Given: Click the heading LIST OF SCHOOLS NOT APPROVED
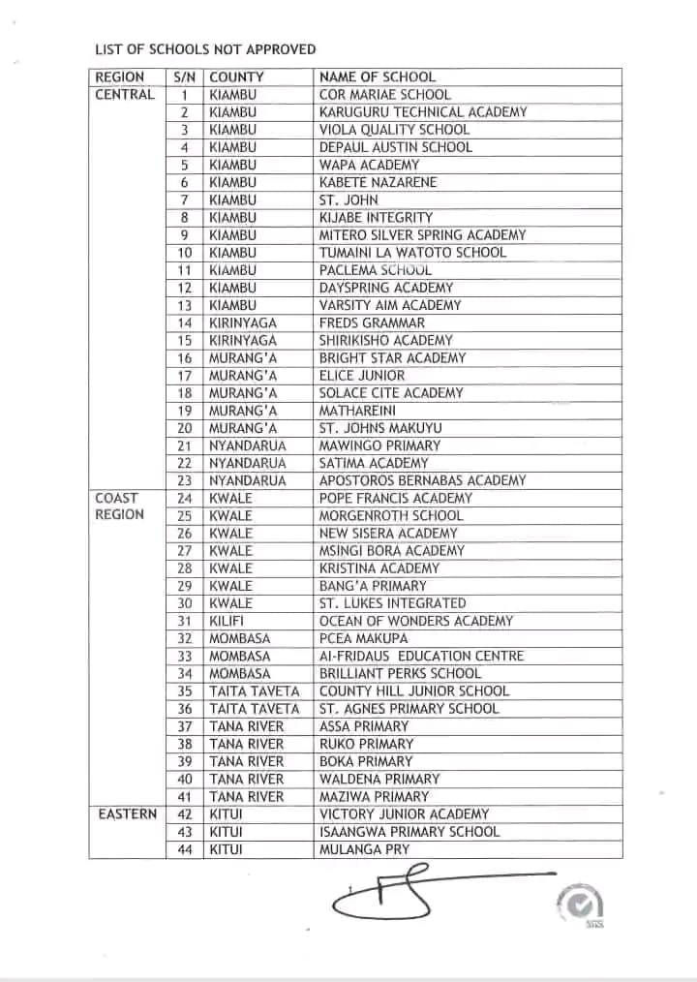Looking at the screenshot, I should [205, 48].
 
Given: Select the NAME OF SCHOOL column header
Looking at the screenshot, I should [378, 77].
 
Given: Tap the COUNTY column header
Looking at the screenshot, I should [236, 77].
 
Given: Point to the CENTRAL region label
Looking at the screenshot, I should [125, 94].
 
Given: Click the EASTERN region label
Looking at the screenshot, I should [127, 813].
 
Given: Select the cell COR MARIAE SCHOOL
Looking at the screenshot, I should [385, 94].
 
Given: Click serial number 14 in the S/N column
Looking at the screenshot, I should [185, 322].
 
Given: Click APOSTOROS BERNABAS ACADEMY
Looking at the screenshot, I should [423, 480].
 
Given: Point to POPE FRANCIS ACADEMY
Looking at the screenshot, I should [396, 498].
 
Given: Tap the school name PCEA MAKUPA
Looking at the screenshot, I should [364, 638].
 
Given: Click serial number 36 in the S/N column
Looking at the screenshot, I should [185, 709].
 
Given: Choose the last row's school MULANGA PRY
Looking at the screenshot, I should [365, 849].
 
